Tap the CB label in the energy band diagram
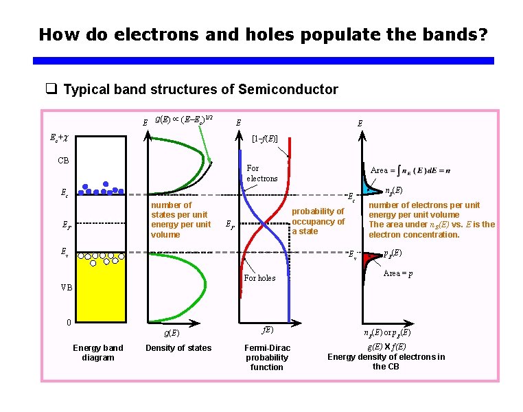pyautogui.click(x=63, y=161)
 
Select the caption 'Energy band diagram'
pyautogui.click(x=98, y=352)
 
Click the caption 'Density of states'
pyautogui.click(x=178, y=348)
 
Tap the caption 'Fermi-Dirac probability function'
pyautogui.click(x=267, y=357)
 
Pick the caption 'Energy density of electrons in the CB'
pyautogui.click(x=386, y=361)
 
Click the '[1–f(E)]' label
pyautogui.click(x=264, y=139)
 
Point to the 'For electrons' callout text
pyautogui.click(x=261, y=173)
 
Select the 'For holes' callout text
pyautogui.click(x=259, y=278)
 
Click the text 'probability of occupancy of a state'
pyautogui.click(x=318, y=221)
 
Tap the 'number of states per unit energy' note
pyautogui.click(x=181, y=220)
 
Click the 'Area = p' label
pyautogui.click(x=397, y=273)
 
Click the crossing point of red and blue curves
pyautogui.click(x=265, y=224)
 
